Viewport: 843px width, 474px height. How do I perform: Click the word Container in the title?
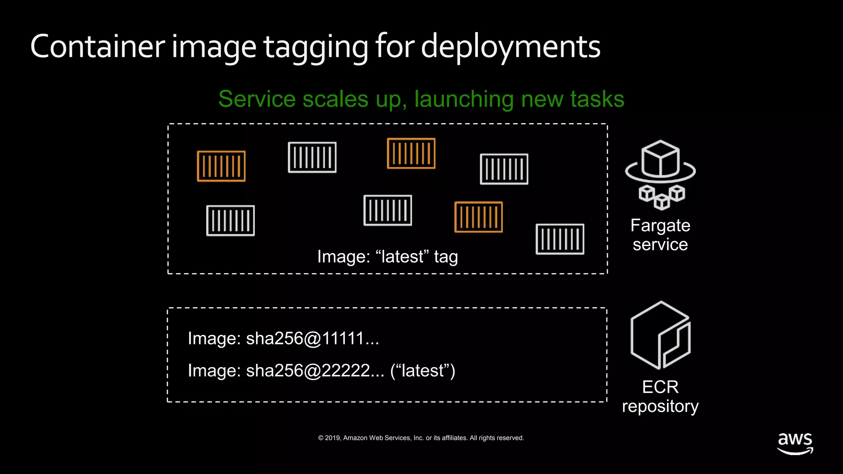click(98, 46)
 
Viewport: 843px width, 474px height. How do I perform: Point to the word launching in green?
click(464, 100)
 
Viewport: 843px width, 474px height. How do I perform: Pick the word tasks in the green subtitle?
click(597, 99)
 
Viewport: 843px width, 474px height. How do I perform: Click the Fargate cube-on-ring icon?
click(661, 174)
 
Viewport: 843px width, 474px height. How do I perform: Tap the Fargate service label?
click(660, 235)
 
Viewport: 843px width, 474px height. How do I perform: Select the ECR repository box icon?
click(661, 335)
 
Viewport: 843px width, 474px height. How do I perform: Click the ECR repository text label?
click(660, 396)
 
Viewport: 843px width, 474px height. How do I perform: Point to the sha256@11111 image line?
click(283, 339)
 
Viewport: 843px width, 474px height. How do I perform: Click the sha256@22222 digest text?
click(315, 371)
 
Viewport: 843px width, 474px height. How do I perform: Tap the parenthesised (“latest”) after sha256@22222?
click(423, 371)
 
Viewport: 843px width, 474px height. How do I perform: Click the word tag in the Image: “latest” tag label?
click(446, 257)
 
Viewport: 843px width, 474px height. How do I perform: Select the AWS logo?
click(795, 443)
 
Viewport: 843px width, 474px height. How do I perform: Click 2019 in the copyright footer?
click(333, 438)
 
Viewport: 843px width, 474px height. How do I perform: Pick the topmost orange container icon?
click(411, 153)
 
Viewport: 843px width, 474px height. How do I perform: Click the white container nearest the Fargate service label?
click(560, 239)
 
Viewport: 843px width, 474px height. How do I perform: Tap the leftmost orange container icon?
click(221, 166)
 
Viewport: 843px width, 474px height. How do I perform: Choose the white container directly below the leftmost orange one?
click(231, 221)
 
